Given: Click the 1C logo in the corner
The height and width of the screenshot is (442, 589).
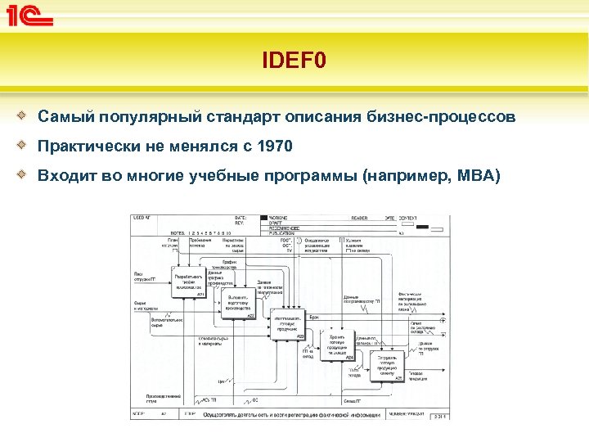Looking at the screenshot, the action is [30, 15].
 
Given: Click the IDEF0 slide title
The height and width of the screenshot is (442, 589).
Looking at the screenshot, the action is [294, 61].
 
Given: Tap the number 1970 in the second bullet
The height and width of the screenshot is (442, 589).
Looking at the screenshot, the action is [273, 147].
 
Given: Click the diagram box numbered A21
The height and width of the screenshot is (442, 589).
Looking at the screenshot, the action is [188, 280].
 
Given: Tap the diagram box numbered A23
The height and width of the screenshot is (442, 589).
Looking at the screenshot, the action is [288, 323].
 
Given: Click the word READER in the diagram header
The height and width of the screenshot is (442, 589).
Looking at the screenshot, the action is [359, 218].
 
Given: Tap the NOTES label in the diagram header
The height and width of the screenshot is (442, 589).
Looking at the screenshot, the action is [177, 232].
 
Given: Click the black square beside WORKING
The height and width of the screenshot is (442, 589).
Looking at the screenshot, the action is [263, 218].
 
